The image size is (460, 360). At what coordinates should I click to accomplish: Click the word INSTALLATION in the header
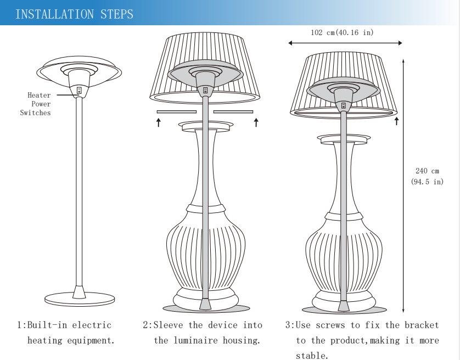54,14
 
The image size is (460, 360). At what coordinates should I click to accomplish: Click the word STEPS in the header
117,14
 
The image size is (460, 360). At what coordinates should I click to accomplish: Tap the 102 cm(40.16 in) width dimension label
342,32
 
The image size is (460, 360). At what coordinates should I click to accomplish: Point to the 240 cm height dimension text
427,171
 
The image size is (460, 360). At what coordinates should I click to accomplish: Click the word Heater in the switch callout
39,95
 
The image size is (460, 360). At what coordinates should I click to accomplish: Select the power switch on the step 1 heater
79,91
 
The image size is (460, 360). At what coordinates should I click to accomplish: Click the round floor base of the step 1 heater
80,299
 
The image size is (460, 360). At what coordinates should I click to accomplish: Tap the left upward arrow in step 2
159,122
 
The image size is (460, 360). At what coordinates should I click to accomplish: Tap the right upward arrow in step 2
256,122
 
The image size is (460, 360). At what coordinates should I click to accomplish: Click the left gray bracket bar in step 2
177,112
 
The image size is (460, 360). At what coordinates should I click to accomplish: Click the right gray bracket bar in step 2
233,112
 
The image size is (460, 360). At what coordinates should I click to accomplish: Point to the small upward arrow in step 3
397,121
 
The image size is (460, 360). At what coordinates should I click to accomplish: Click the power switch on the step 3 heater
344,105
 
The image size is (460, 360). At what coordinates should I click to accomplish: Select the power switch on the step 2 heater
205,90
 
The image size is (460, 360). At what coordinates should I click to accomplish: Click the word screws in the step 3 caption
330,325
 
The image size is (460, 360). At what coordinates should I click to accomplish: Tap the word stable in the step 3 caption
310,356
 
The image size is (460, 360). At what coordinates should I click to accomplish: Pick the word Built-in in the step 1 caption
47,325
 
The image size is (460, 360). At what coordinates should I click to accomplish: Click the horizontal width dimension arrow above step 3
345,43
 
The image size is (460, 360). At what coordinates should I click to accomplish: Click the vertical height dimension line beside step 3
403,186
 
